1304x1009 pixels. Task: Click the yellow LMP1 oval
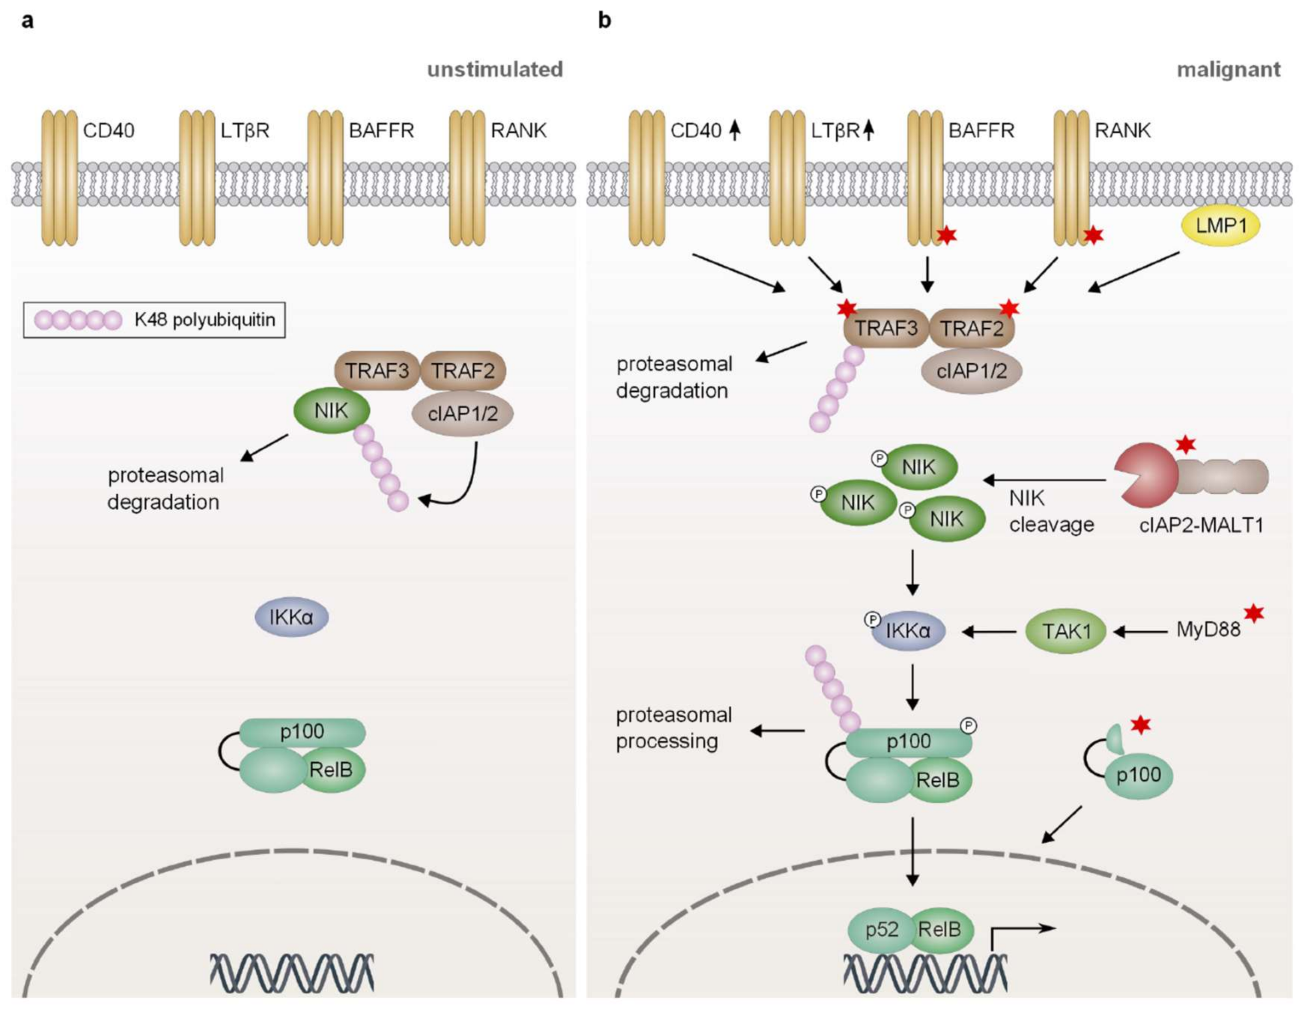[1221, 226]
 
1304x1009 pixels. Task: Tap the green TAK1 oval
[1066, 631]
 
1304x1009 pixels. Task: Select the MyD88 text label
[1208, 630]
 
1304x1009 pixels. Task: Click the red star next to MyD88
[1254, 613]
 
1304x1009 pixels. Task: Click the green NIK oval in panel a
[331, 411]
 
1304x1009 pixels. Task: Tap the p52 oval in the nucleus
[881, 929]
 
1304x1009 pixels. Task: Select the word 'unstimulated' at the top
[495, 70]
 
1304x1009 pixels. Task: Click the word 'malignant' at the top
[1228, 70]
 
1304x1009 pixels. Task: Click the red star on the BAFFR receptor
[946, 235]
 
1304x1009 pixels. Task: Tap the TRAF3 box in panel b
[885, 328]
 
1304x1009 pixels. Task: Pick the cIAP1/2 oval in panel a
[462, 413]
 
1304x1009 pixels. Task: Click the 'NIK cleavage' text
[1051, 511]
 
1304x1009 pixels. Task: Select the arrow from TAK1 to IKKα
[990, 631]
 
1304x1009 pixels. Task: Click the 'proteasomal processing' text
[674, 728]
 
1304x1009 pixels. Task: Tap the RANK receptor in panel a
[467, 178]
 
